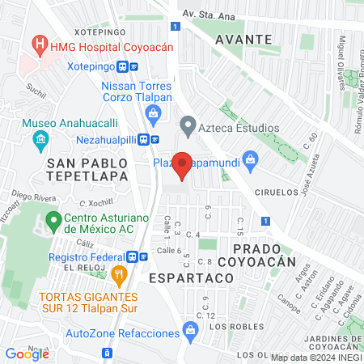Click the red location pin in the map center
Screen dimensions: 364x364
(183, 165)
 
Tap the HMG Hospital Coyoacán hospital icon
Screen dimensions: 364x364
(38, 41)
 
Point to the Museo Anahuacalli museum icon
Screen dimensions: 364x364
(40, 142)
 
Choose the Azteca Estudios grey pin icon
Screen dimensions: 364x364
(188, 126)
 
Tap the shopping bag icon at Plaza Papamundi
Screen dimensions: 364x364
(250, 160)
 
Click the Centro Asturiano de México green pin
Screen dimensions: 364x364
(53, 219)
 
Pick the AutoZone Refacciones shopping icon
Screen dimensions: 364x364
(190, 329)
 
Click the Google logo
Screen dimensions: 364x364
(27, 353)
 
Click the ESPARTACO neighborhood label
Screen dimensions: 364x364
(191, 277)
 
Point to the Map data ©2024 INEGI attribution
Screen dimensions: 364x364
(316, 358)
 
